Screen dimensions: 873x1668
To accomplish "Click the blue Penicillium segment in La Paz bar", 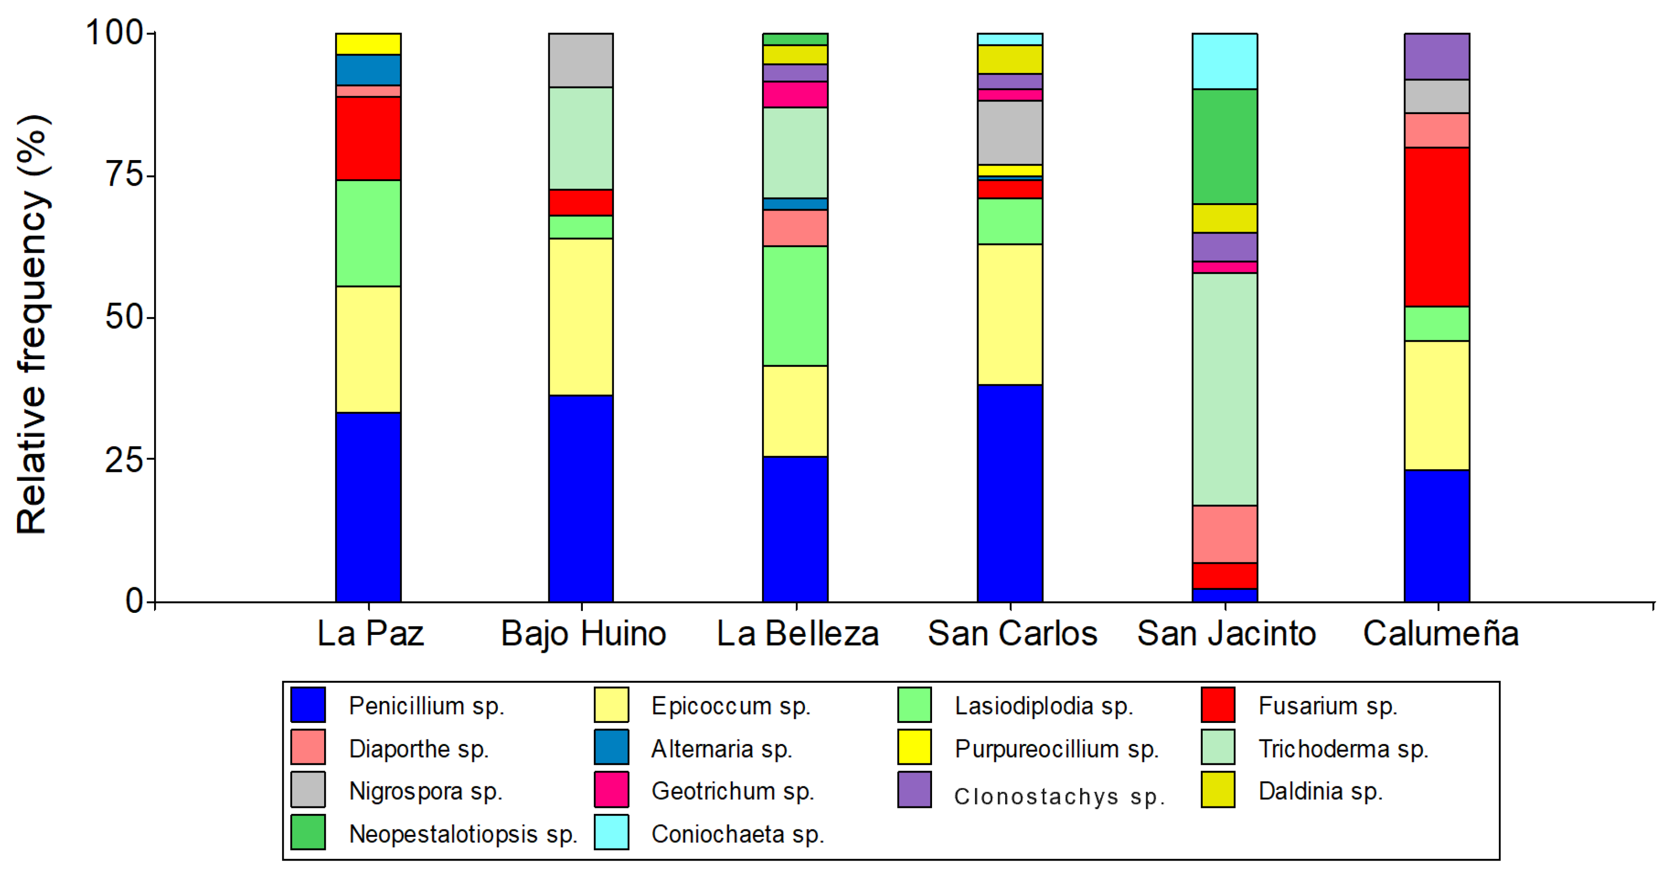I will pos(368,506).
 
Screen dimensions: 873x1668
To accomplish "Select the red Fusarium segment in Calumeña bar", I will pos(1436,227).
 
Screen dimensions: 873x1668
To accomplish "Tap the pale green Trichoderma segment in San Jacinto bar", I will pos(1224,389).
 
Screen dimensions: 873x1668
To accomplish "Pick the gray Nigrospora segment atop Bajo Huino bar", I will pos(581,60).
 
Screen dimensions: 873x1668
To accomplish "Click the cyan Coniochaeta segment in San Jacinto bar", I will pos(1224,61).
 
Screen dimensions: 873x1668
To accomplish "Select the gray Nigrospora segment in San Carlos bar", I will pos(1010,133).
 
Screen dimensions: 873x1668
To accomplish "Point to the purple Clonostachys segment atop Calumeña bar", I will pos(1436,57).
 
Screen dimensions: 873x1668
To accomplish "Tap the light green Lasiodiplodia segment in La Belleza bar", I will pos(794,306).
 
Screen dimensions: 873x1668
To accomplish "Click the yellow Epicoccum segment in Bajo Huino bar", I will pos(581,317).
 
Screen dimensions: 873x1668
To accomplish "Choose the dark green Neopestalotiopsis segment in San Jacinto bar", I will pos(1224,147).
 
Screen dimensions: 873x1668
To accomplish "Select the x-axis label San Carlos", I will pos(1012,633).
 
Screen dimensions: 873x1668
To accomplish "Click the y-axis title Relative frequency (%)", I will pos(33,324).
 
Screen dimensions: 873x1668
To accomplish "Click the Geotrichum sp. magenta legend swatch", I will pos(611,789).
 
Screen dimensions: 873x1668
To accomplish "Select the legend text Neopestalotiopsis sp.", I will pos(462,833).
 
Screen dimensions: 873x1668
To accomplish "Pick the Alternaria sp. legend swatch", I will pos(611,747).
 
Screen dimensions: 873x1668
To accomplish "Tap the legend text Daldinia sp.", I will pos(1320,791).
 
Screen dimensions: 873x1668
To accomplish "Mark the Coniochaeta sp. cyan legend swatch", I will pos(611,832).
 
